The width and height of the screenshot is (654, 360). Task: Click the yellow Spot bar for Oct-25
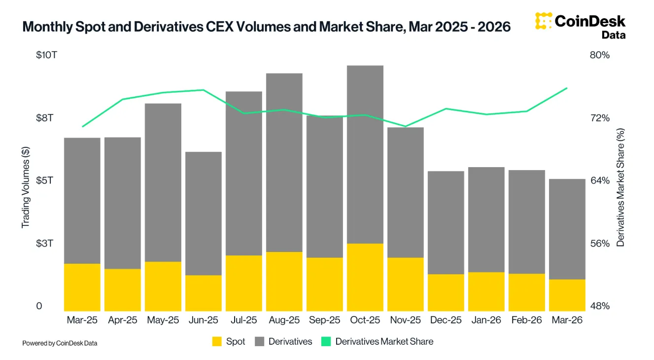coord(365,277)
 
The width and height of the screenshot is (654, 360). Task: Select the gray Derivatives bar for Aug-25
coord(284,163)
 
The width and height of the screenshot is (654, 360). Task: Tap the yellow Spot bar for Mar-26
coord(567,295)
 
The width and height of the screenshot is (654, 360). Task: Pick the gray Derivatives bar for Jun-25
coord(204,214)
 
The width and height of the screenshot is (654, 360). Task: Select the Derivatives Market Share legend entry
coord(377,341)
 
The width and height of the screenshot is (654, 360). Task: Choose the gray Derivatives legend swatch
coord(260,341)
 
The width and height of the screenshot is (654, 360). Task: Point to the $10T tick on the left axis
coord(46,55)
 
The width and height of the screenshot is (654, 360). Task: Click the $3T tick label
coord(46,244)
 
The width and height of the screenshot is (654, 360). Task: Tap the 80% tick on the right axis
coord(600,55)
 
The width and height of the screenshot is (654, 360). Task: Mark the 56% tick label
coord(600,244)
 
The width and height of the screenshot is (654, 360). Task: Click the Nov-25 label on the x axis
coord(406,320)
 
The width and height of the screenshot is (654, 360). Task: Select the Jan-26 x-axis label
coord(486,320)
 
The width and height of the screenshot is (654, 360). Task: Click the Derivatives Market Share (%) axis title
coord(621,187)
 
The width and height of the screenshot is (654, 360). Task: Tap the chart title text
coord(266,27)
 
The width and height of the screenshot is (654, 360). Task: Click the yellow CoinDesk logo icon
coord(543,22)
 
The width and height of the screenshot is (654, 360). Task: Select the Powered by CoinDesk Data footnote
coord(60,343)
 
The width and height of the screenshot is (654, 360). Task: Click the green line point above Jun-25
coord(204,90)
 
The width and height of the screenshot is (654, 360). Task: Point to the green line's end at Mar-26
coord(567,88)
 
